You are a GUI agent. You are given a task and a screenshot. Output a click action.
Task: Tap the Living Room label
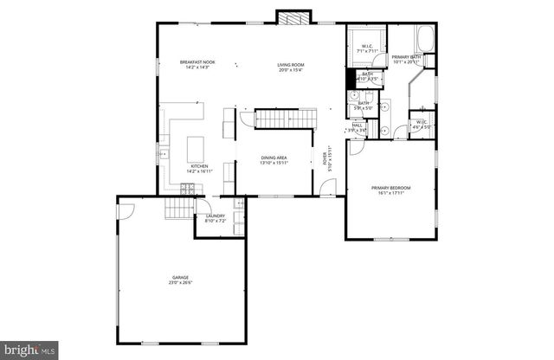coord(289,65)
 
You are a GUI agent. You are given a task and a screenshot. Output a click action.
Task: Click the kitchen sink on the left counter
coord(162,153)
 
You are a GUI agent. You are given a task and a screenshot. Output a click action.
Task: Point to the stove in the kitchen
coord(187,186)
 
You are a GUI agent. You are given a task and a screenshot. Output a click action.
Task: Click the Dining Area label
coord(274,158)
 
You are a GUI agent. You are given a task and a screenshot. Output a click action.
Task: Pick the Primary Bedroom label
coord(390,188)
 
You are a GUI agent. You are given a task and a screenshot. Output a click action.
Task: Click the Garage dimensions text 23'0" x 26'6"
coord(179,282)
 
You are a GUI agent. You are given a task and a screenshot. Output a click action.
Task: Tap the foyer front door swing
coord(327,189)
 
